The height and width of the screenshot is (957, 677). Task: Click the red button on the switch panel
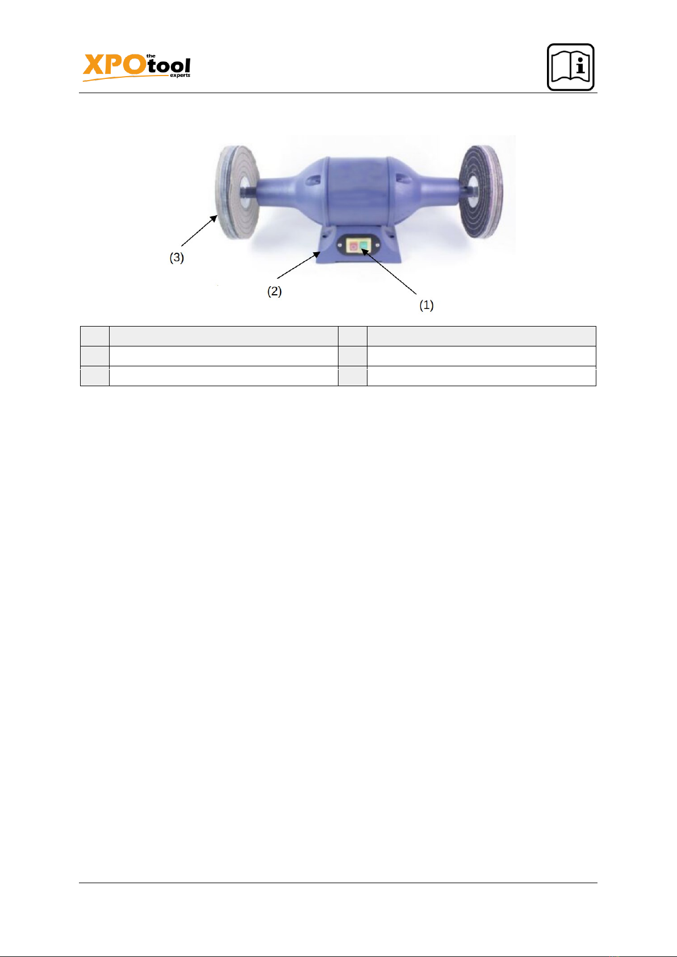point(353,246)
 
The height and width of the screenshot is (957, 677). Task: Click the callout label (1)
point(427,305)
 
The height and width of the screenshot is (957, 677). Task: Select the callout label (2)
point(274,291)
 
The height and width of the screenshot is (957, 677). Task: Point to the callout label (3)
point(177,258)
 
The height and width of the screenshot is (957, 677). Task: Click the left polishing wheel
point(237,193)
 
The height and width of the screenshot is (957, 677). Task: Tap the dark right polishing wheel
point(481,191)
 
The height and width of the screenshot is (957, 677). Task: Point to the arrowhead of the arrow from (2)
point(316,255)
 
